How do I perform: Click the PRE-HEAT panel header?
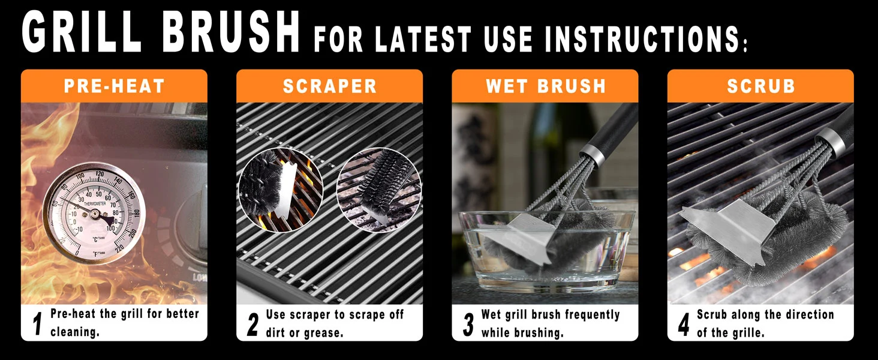[x=114, y=86]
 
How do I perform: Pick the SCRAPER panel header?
[x=330, y=86]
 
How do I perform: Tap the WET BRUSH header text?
[x=546, y=86]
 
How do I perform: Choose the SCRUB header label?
[x=761, y=86]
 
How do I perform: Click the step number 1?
[x=37, y=324]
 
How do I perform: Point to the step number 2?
[x=253, y=325]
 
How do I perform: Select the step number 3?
[x=468, y=325]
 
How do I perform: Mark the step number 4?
[x=684, y=325]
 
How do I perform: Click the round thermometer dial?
[x=94, y=214]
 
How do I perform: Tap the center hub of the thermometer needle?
[x=95, y=214]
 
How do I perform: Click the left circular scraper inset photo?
[x=281, y=190]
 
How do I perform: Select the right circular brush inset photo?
[x=378, y=190]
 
